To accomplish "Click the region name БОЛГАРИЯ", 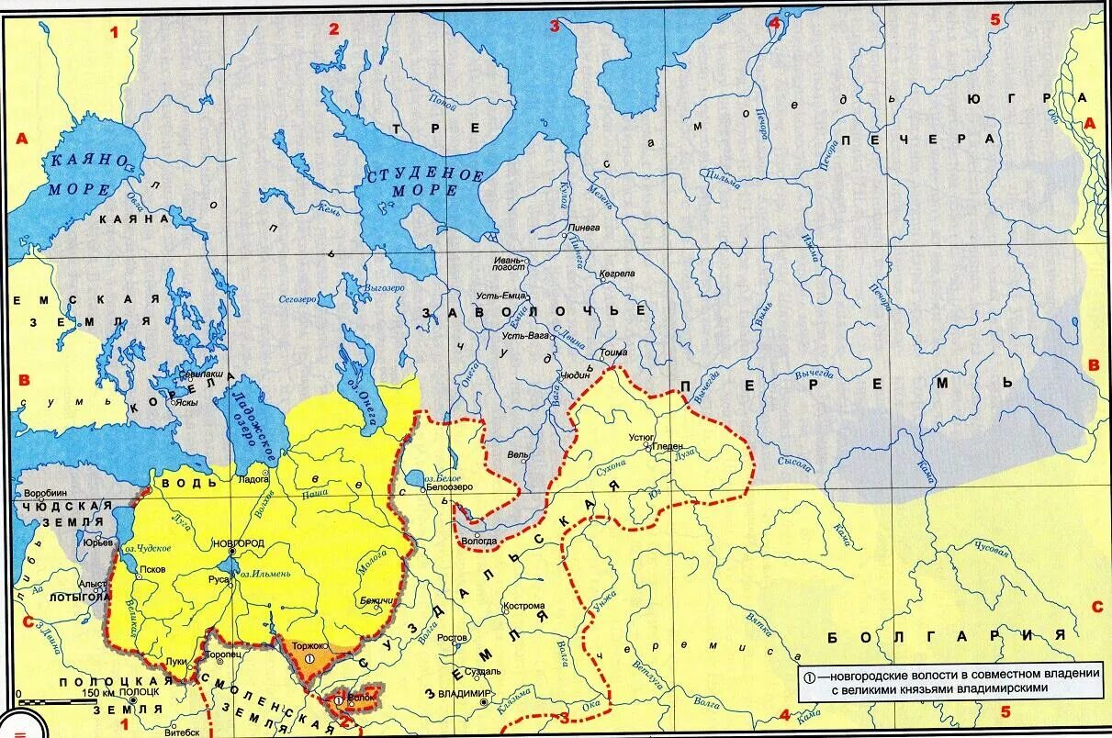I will coord(945,635).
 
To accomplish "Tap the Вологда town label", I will coord(480,541).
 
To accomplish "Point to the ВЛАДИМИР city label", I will coord(466,693).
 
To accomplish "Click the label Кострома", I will coord(523,606).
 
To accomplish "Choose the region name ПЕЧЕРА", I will coord(917,139).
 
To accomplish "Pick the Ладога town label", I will coord(253,479).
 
